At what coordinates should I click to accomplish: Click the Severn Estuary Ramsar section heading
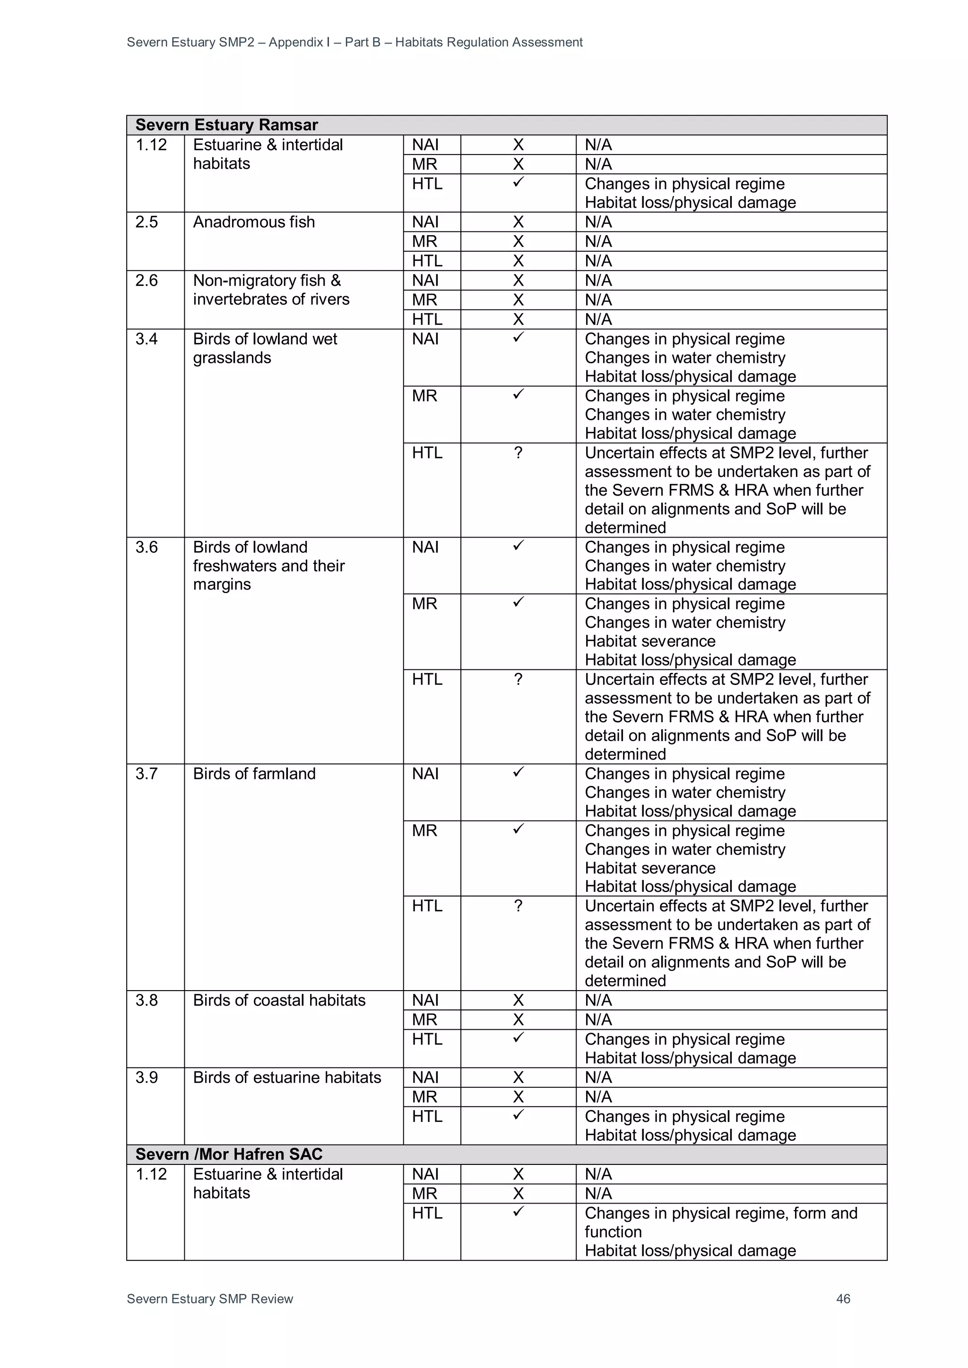pyautogui.click(x=226, y=125)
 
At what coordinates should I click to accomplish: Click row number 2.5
pyautogui.click(x=147, y=222)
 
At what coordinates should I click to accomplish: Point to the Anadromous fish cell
pyautogui.click(x=254, y=222)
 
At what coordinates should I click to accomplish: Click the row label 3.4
pyautogui.click(x=147, y=339)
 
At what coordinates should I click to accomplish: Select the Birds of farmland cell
pyautogui.click(x=254, y=774)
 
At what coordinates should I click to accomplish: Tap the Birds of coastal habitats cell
pyautogui.click(x=279, y=1000)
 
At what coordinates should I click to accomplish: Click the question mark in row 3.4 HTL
pyautogui.click(x=518, y=453)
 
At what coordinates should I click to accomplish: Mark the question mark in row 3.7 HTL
pyautogui.click(x=518, y=906)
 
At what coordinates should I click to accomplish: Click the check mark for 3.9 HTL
pyautogui.click(x=518, y=1114)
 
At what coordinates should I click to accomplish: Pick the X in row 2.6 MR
pyautogui.click(x=518, y=299)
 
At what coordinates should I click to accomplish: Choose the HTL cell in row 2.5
pyautogui.click(x=427, y=261)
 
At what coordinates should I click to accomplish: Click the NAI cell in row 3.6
pyautogui.click(x=425, y=547)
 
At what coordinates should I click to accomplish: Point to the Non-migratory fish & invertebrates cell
pyautogui.click(x=271, y=290)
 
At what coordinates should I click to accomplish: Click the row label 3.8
pyautogui.click(x=147, y=1000)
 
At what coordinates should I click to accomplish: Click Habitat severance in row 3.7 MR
pyautogui.click(x=650, y=868)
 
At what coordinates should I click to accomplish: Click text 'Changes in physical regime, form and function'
pyautogui.click(x=721, y=1222)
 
